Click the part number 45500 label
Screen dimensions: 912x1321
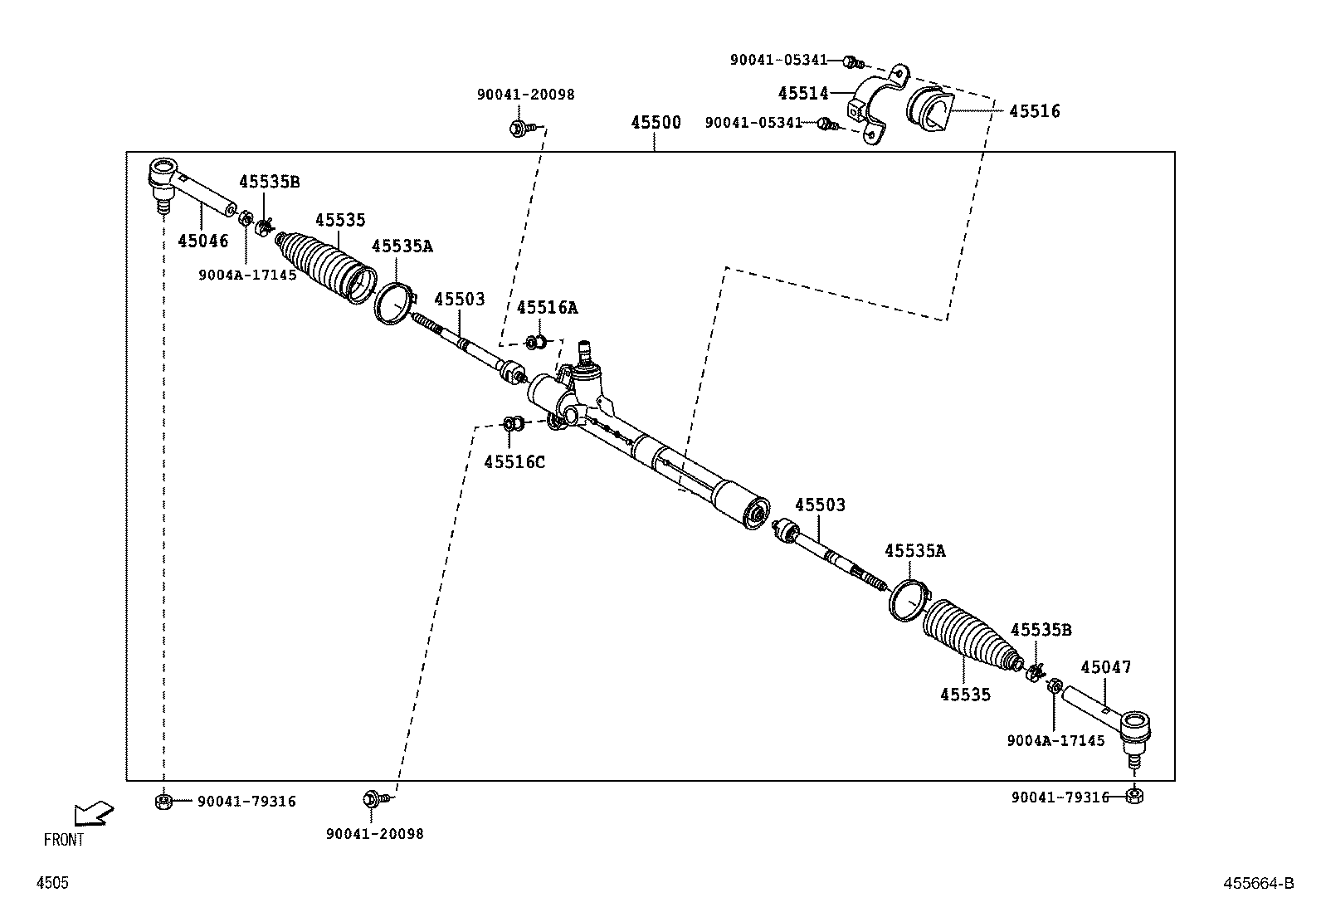656,123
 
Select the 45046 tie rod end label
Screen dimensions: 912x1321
202,241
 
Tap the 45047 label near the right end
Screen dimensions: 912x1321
1105,667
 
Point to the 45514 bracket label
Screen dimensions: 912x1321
803,94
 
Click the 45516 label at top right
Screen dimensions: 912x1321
1034,111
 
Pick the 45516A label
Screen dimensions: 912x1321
547,308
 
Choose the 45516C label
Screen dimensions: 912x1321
514,462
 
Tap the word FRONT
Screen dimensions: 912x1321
64,840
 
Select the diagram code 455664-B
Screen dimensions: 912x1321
1258,884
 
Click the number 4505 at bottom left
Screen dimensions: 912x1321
52,884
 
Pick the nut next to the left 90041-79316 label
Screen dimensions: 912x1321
163,802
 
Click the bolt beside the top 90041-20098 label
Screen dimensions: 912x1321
518,129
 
